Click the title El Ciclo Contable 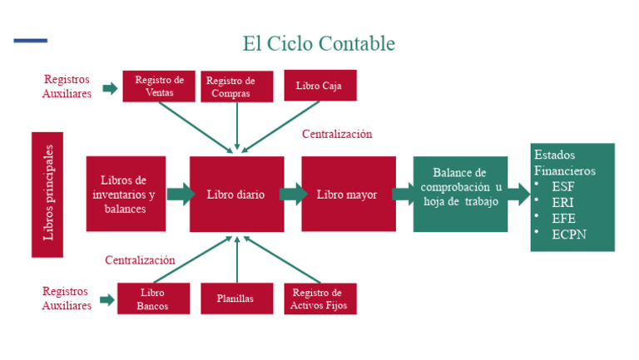(x=318, y=43)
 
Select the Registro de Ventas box (x=159, y=86)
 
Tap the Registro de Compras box (x=236, y=86)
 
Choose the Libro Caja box (x=319, y=86)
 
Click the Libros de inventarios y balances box (x=126, y=195)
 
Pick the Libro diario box (x=236, y=195)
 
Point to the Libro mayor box (x=347, y=195)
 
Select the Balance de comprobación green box (x=460, y=195)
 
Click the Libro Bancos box (x=153, y=298)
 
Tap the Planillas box (x=236, y=298)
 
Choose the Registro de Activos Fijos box (x=319, y=298)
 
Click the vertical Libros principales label (x=47, y=194)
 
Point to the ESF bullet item (x=562, y=186)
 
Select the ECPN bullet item (x=568, y=234)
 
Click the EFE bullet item (x=562, y=218)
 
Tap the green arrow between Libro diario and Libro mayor (x=292, y=195)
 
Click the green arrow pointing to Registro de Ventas (x=110, y=88)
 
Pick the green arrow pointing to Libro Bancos (x=107, y=299)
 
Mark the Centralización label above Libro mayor (x=337, y=134)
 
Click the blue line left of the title (x=31, y=40)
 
